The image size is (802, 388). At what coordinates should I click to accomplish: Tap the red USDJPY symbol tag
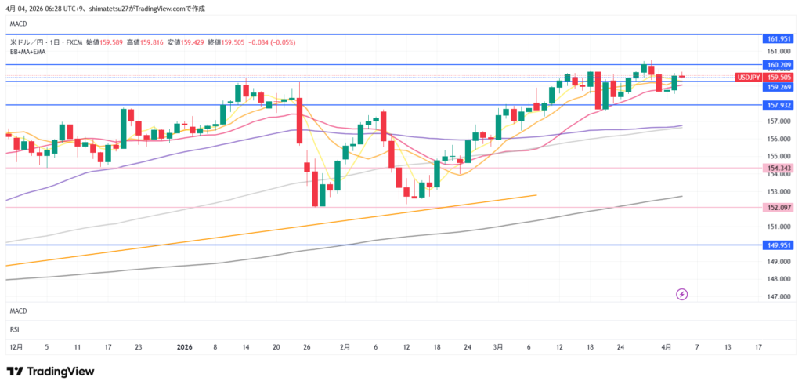(x=749, y=77)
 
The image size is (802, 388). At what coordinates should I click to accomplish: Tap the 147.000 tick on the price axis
(x=777, y=296)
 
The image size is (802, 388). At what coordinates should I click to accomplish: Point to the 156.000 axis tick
(x=777, y=139)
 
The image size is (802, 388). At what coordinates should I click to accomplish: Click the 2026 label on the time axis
(x=185, y=346)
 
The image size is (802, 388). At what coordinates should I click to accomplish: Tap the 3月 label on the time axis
(x=498, y=346)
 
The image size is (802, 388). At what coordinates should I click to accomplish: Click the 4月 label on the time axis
(x=666, y=346)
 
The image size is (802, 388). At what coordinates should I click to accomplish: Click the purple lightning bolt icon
(x=681, y=294)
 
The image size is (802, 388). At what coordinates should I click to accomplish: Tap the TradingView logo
(x=50, y=372)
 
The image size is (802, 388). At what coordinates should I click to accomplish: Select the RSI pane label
(x=15, y=330)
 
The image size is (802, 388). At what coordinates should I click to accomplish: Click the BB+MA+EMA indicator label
(x=27, y=52)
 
